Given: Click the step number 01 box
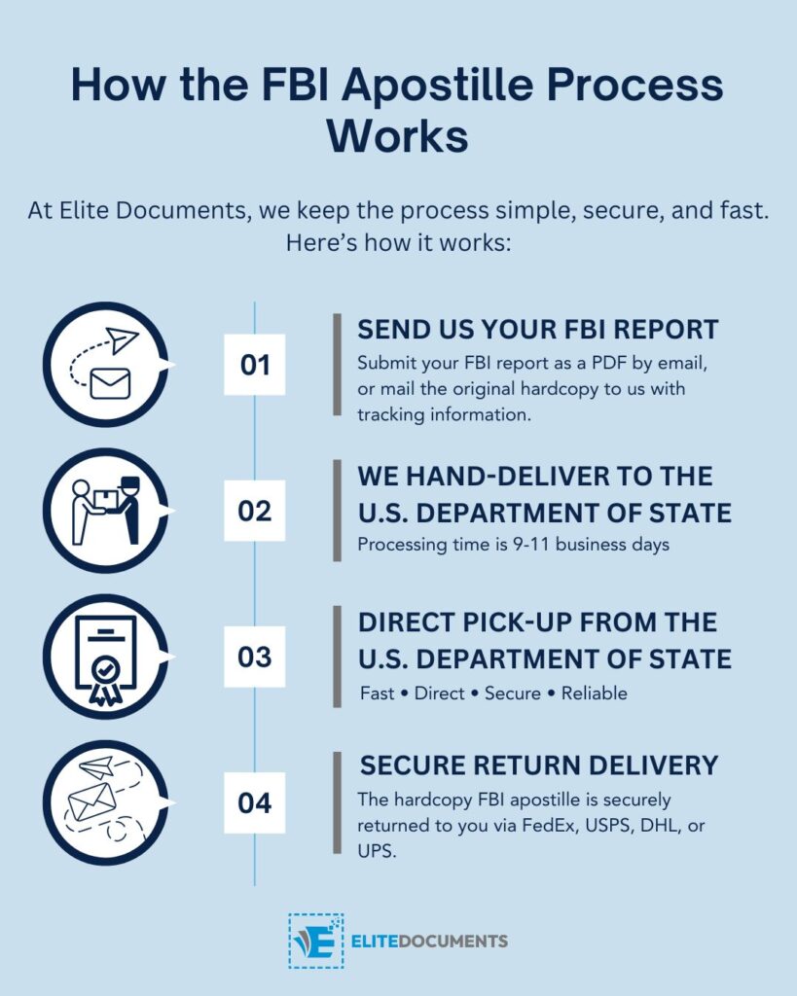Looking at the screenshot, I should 254,365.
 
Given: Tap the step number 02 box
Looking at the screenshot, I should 254,511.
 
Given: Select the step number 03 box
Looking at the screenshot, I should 254,657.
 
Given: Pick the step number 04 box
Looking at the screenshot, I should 254,803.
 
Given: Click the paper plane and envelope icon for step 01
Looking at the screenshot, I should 105,365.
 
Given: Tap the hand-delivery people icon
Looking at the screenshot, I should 105,511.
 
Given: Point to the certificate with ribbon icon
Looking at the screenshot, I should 105,657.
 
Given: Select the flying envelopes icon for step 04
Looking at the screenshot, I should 105,803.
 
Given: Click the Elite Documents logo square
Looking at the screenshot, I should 315,941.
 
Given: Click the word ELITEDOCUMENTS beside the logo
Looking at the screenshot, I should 429,942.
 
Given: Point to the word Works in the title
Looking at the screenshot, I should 397,135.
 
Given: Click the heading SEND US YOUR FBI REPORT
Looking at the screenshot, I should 537,329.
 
